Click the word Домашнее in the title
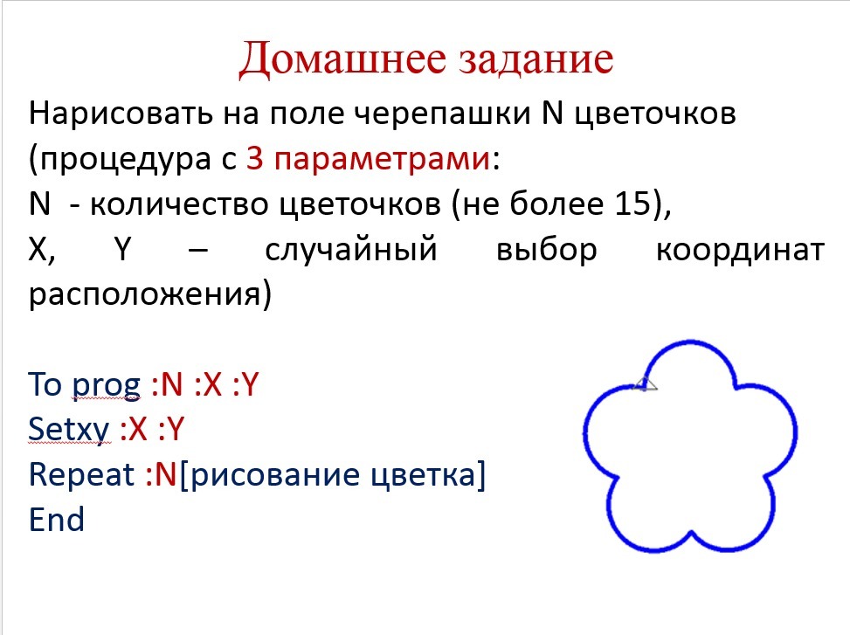pos(342,59)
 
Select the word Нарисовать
pos(121,114)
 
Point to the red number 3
pos(255,159)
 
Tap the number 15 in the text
pos(632,204)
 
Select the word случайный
pos(350,250)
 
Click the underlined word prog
pos(107,386)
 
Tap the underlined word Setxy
pos(69,430)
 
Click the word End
pos(57,519)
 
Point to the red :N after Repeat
pos(161,474)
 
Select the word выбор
pos(547,251)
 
